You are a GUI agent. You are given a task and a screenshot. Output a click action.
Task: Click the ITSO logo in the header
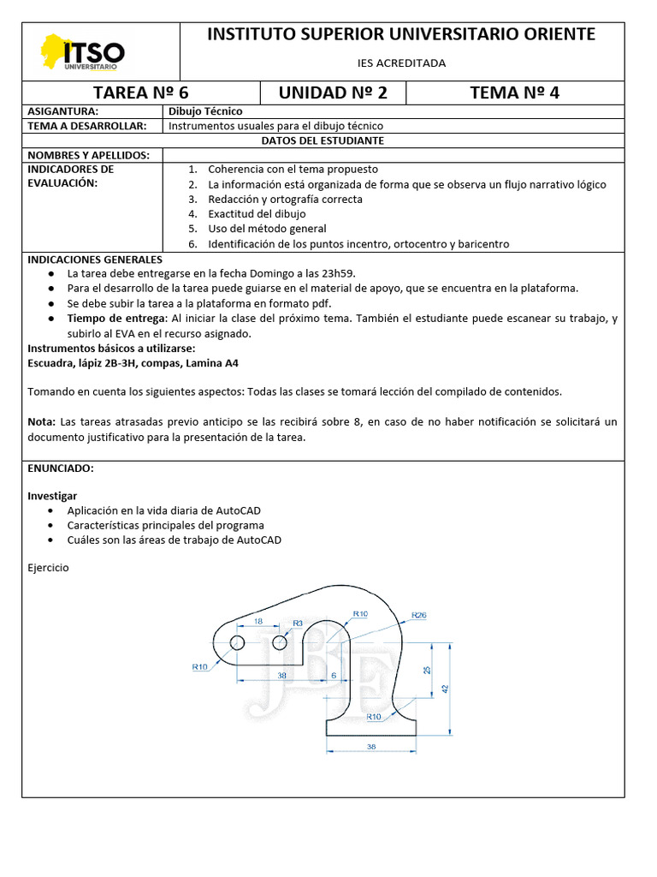[x=84, y=52]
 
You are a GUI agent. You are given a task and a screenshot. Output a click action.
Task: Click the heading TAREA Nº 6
[x=140, y=93]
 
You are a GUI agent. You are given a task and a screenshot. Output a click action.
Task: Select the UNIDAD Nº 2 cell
[x=333, y=93]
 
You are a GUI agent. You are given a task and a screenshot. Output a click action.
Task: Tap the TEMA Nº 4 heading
[x=515, y=93]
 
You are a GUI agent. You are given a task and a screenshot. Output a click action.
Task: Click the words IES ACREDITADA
[x=401, y=63]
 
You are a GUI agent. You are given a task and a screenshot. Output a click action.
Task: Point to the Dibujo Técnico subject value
[x=205, y=111]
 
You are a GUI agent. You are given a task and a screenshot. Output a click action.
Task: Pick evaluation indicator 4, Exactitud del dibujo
[x=257, y=214]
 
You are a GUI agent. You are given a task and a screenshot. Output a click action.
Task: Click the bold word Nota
[x=40, y=422]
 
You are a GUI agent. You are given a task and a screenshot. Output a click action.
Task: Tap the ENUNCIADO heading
[x=61, y=469]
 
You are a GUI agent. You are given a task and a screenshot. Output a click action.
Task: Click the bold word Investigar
[x=52, y=496]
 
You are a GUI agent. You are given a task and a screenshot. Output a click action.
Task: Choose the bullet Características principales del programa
[x=166, y=525]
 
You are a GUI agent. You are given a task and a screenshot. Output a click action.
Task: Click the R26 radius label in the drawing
[x=419, y=615]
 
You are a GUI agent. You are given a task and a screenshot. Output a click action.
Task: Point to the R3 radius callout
[x=298, y=623]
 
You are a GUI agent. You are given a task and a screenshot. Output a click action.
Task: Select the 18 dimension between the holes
[x=258, y=621]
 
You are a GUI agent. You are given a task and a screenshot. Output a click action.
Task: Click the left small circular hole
[x=238, y=642]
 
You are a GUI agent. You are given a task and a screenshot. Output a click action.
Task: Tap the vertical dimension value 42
[x=445, y=688]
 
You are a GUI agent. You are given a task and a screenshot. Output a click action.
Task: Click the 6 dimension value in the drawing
[x=333, y=675]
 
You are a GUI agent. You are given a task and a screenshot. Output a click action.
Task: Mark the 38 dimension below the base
[x=370, y=747]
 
